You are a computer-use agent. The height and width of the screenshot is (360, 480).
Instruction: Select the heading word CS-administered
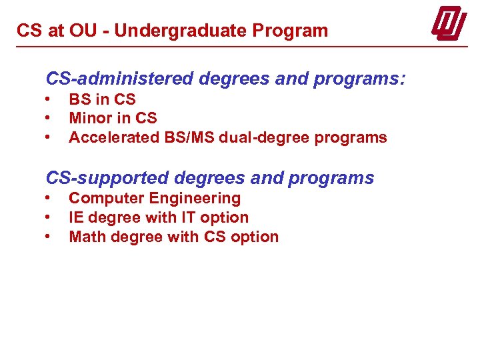click(117, 79)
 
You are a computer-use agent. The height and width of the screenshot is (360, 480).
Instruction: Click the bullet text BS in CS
click(102, 99)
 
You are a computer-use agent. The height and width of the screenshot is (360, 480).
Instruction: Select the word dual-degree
click(251, 138)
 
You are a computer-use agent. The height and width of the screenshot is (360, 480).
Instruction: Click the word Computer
click(107, 198)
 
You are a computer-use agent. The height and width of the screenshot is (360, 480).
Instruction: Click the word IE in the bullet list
click(77, 217)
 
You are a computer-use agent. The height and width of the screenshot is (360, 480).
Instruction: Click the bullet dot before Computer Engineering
click(49, 198)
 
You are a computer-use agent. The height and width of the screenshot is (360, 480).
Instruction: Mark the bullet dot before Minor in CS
click(49, 119)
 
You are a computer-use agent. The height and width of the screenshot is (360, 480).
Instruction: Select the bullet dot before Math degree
click(49, 237)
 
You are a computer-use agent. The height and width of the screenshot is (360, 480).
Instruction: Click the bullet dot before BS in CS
click(49, 99)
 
